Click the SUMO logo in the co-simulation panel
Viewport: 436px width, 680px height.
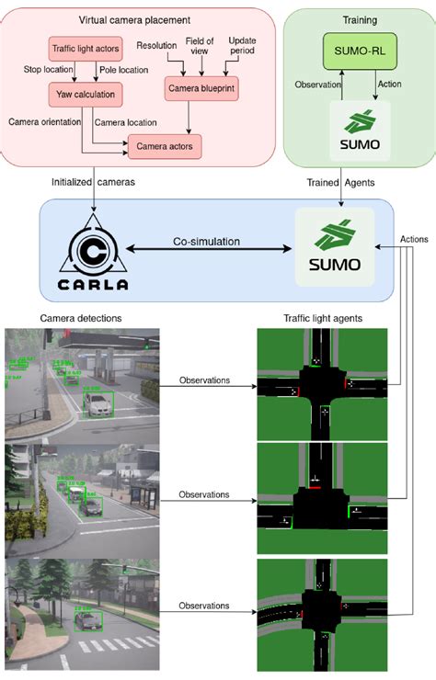coord(334,245)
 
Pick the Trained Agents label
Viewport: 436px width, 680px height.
coord(340,182)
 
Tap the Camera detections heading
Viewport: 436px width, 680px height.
coord(80,318)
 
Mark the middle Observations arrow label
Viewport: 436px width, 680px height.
coord(204,494)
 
